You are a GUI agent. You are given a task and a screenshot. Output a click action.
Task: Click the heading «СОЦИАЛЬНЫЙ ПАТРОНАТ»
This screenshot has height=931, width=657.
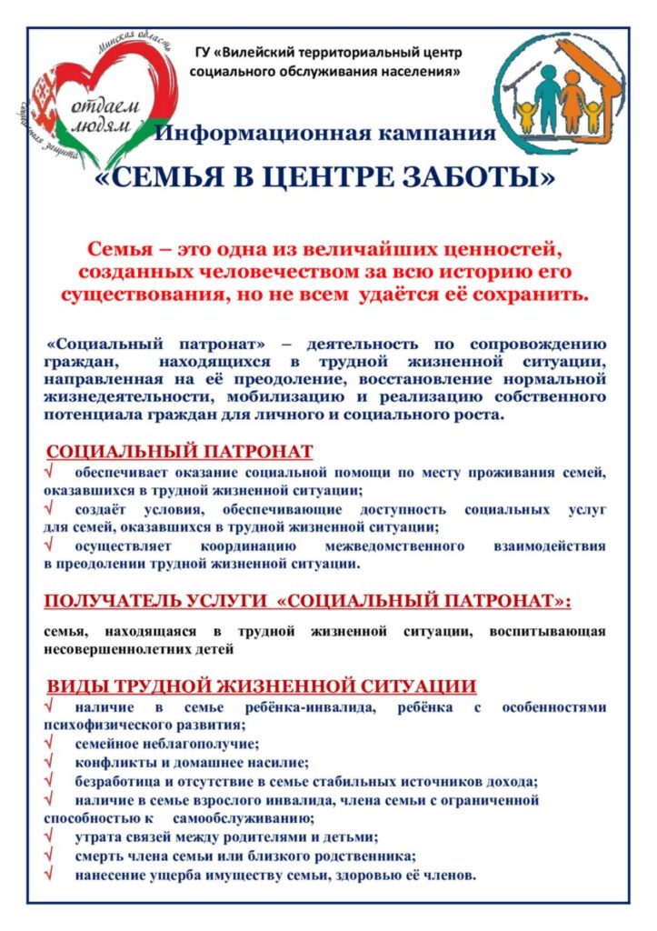[x=180, y=452]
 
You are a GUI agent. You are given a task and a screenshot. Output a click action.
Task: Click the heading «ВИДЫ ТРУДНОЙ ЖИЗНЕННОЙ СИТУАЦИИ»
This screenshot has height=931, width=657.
[x=261, y=686]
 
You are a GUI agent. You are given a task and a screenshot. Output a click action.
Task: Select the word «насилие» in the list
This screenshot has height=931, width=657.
[x=282, y=763]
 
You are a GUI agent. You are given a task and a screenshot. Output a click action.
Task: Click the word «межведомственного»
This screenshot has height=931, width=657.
[x=394, y=546]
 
